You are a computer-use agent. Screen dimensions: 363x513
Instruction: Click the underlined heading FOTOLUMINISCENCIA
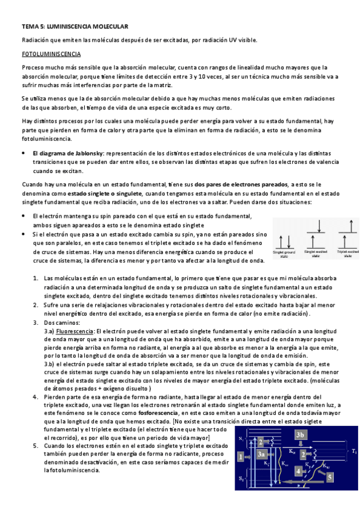point(47,54)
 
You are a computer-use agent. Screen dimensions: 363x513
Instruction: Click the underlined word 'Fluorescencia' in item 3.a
point(75,332)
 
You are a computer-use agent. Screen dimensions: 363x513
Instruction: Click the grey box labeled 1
point(241,457)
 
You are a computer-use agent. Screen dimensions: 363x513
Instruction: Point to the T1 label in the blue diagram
point(355,451)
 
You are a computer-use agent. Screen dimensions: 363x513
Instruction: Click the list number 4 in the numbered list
point(36,397)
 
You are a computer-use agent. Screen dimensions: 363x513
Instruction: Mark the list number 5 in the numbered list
point(36,445)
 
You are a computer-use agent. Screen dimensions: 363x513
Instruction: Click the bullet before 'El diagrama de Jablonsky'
point(23,154)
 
